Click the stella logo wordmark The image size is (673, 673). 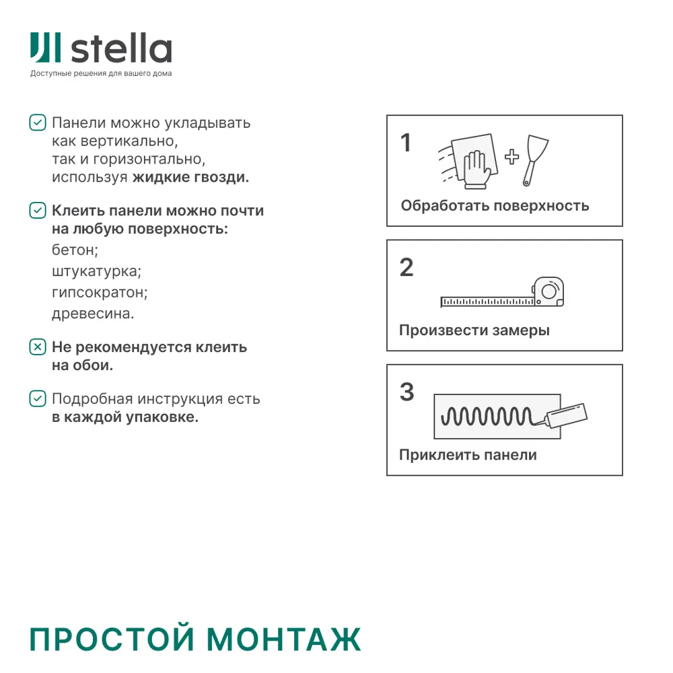[x=122, y=49]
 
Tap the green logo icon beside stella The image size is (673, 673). [x=46, y=48]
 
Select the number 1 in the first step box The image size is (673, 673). [x=405, y=143]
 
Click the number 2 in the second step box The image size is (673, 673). [x=406, y=268]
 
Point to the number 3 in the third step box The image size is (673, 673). [x=406, y=392]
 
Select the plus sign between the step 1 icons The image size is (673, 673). [x=512, y=157]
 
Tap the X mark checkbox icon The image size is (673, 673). [x=38, y=347]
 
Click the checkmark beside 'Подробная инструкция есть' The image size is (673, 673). [x=38, y=398]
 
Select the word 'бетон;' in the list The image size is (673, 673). [x=75, y=250]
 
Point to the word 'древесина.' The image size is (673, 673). [x=93, y=314]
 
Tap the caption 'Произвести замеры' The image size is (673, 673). [x=474, y=330]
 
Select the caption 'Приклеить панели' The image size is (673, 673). [x=468, y=455]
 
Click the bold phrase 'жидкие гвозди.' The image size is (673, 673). [x=190, y=178]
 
